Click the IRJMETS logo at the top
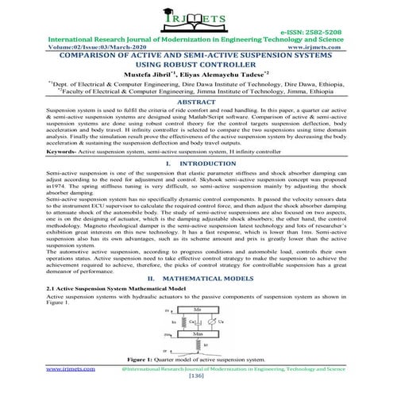point(195,17)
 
